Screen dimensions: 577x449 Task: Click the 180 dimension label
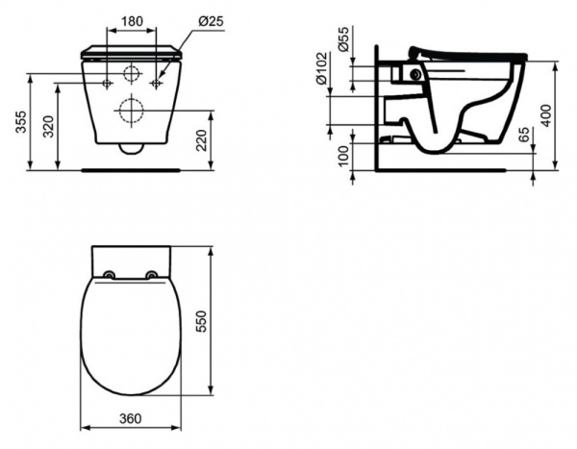[132, 21]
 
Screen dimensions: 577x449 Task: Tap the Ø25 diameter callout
[211, 21]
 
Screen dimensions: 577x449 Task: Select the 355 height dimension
[21, 122]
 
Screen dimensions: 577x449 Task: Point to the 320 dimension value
[48, 127]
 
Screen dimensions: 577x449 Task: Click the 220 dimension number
[201, 140]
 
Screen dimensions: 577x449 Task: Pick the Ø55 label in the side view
[342, 39]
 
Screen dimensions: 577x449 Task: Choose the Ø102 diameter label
[321, 68]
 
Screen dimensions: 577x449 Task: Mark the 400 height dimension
[547, 116]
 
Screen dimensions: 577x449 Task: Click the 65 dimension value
[524, 135]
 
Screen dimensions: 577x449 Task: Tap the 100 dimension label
[342, 157]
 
